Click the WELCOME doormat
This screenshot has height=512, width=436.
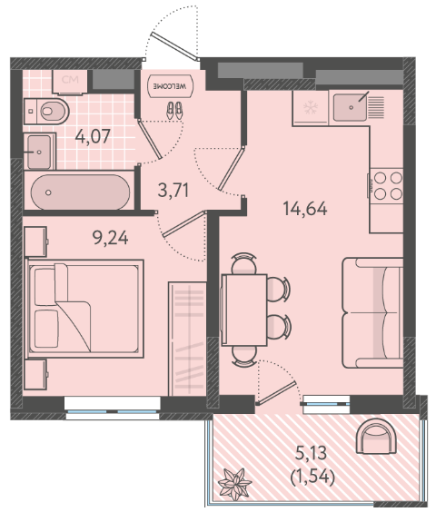coord(170,86)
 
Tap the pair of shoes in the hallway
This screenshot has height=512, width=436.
coord(174,110)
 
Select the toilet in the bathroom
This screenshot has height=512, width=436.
coord(46,111)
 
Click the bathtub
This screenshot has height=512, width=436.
coord(81,192)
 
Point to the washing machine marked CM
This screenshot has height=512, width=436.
coord(70,82)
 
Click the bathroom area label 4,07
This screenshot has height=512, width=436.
coord(93,136)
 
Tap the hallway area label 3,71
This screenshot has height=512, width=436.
coord(173,191)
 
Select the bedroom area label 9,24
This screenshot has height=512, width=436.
coord(111,238)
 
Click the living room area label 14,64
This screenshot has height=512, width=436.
coord(305,208)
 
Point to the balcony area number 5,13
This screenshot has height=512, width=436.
coord(311,453)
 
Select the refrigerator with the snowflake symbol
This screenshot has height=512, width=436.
coord(311,108)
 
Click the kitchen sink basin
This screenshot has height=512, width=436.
coord(350,107)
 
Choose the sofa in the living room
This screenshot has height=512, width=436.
coord(373,312)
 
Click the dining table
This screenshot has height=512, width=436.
coord(244,310)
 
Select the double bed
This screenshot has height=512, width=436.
coord(84,309)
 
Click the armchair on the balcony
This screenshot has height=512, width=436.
coord(376,437)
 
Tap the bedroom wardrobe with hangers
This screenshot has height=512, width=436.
coord(187,339)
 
